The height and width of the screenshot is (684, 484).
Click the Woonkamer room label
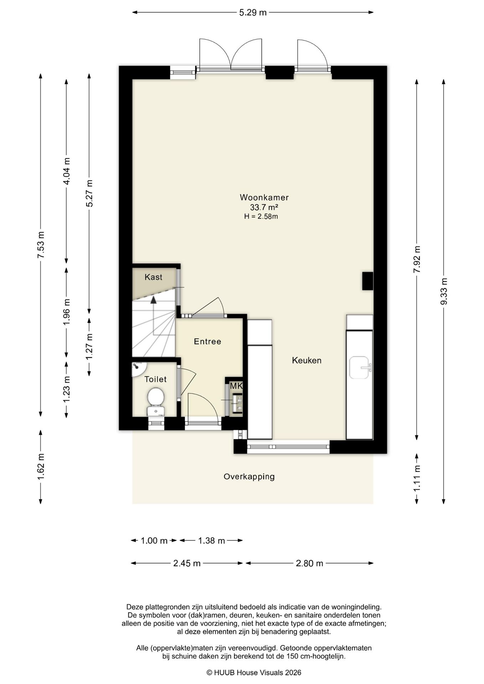point(264,197)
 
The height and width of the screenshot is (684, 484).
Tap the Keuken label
point(307,360)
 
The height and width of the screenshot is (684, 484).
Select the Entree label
point(207,341)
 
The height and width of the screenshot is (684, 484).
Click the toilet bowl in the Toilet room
point(156,401)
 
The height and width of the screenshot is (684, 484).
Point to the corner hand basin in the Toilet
point(138,368)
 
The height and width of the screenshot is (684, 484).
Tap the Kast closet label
point(153,277)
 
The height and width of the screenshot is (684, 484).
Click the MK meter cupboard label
point(236,386)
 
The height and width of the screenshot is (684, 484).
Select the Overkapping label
point(249,477)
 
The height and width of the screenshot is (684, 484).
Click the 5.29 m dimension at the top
point(253,12)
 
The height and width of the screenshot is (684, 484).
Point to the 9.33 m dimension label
point(444,291)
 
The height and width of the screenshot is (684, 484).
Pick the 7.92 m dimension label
point(417,259)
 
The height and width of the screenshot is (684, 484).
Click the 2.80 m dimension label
point(309,563)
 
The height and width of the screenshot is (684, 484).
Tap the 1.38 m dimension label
point(211,540)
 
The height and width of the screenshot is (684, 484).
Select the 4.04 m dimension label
point(66,171)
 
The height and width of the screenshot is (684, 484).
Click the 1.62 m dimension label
point(41,467)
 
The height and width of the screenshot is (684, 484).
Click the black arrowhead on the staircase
point(153,300)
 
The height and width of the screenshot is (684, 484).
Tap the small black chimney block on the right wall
point(368,281)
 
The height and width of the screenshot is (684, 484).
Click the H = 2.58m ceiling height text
point(261,216)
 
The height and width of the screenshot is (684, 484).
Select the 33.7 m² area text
point(264,207)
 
